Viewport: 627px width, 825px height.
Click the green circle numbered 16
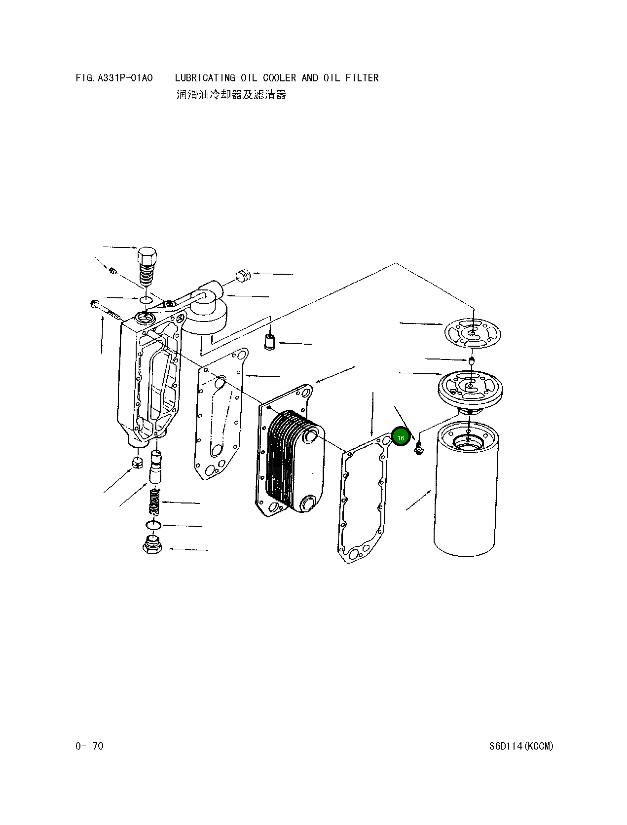click(401, 437)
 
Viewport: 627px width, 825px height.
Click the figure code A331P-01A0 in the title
click(125, 78)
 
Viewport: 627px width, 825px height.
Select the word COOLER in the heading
click(280, 78)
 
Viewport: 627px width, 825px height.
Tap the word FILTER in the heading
click(362, 78)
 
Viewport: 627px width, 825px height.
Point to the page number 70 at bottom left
click(98, 746)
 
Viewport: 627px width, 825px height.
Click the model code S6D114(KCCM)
click(521, 746)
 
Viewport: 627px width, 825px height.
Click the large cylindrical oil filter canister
click(466, 493)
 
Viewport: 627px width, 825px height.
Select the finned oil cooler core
click(295, 462)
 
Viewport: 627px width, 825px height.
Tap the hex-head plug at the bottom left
click(152, 544)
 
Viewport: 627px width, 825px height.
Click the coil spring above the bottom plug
click(154, 502)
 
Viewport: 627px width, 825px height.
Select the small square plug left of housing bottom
click(138, 463)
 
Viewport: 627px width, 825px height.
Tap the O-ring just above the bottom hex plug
click(153, 525)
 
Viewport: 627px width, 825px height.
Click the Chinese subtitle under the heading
click(231, 94)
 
